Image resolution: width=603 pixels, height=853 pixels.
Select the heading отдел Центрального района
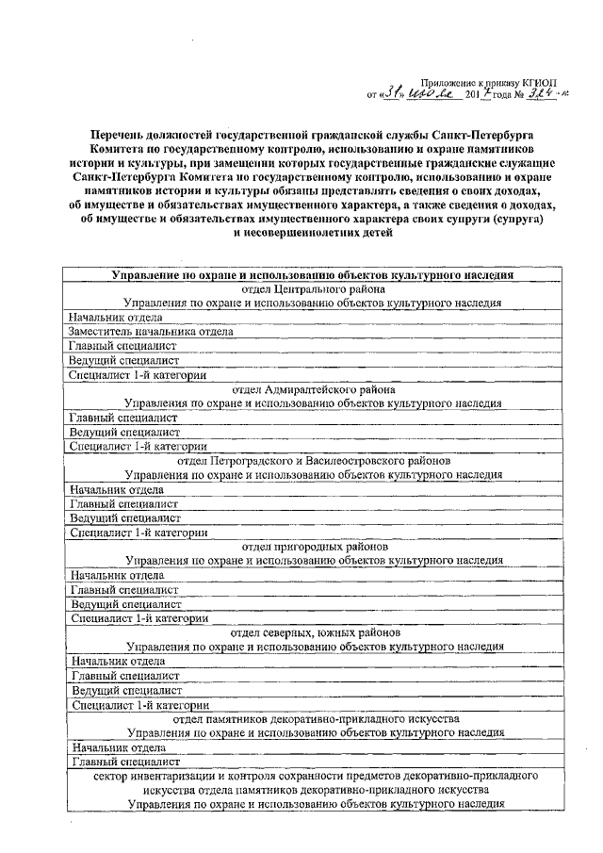click(x=312, y=289)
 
